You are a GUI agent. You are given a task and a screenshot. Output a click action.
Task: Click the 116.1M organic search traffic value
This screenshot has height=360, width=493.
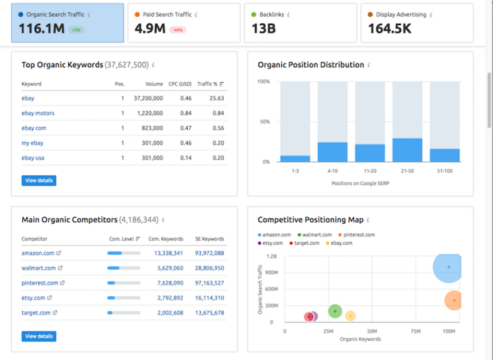pyautogui.click(x=41, y=28)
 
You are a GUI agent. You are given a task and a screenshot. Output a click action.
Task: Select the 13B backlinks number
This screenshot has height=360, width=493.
pyautogui.click(x=264, y=28)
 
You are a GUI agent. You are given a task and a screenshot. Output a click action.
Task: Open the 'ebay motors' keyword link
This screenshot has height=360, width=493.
pyautogui.click(x=38, y=113)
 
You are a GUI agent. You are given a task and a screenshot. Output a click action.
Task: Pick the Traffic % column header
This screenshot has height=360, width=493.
pyautogui.click(x=208, y=84)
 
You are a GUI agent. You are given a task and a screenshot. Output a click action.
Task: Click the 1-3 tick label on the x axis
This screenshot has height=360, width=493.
pyautogui.click(x=295, y=171)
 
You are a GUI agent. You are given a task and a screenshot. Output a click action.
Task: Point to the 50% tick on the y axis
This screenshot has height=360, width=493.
pyautogui.click(x=264, y=122)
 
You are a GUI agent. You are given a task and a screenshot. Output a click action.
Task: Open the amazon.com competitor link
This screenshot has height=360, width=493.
pyautogui.click(x=38, y=253)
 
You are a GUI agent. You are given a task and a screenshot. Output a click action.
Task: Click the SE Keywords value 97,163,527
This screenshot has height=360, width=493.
pyautogui.click(x=209, y=283)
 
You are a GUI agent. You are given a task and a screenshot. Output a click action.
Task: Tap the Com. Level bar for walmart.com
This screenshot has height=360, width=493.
pyautogui.click(x=124, y=268)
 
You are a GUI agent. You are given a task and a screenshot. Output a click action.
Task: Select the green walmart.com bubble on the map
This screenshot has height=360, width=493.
pyautogui.click(x=335, y=311)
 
